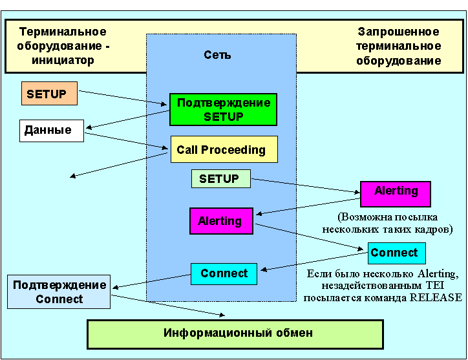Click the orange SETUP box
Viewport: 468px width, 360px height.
(49, 94)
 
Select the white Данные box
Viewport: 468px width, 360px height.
(51, 131)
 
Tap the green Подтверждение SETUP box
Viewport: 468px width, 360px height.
(223, 110)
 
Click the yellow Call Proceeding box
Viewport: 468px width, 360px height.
(224, 149)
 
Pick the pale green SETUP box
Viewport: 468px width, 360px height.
(220, 178)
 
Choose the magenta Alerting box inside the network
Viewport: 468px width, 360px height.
(220, 221)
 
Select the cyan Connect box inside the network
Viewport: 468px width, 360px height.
(224, 273)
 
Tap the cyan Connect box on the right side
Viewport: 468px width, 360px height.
(396, 253)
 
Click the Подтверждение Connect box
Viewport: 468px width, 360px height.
(59, 292)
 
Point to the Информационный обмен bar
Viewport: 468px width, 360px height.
(238, 334)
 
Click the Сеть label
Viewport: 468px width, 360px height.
(217, 55)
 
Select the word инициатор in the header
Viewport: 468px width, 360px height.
(63, 60)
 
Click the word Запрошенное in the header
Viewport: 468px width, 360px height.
(398, 32)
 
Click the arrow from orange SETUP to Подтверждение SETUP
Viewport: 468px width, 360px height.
(123, 96)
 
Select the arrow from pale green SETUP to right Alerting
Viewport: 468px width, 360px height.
(304, 186)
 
